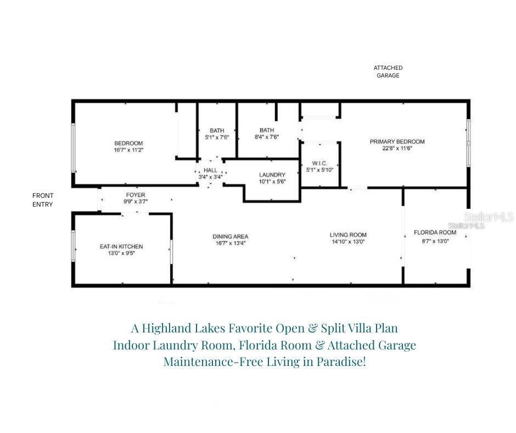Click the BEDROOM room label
click(x=128, y=143)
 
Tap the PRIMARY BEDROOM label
click(x=397, y=141)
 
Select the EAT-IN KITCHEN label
click(x=121, y=247)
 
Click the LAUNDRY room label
click(x=272, y=175)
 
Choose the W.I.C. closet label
click(x=319, y=163)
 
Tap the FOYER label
click(x=136, y=195)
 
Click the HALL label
click(x=211, y=170)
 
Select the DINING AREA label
click(x=231, y=236)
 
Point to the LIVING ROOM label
click(x=348, y=235)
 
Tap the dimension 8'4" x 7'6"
click(x=267, y=137)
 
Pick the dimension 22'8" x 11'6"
click(x=397, y=148)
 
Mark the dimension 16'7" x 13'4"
click(x=231, y=243)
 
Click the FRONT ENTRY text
click(x=43, y=200)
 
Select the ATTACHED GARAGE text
click(x=388, y=71)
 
